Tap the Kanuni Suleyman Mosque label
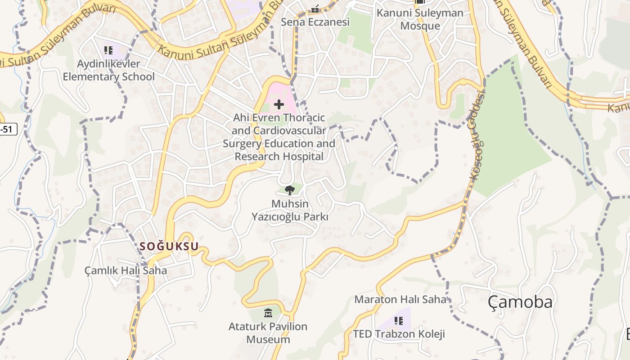click(x=420, y=19)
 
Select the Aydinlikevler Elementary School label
click(x=108, y=70)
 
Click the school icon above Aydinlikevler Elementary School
click(x=108, y=50)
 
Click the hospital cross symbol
click(x=279, y=105)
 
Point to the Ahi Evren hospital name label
click(x=279, y=137)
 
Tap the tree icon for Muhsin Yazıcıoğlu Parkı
click(x=289, y=190)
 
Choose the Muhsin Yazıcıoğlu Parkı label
click(x=289, y=211)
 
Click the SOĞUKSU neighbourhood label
click(x=169, y=246)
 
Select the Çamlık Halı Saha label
click(x=126, y=270)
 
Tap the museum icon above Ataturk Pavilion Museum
click(x=268, y=313)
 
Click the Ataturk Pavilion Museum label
click(x=268, y=333)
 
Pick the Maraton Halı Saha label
click(x=400, y=299)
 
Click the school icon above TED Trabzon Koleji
click(x=398, y=321)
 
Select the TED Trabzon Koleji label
click(x=399, y=334)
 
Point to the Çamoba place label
click(x=520, y=302)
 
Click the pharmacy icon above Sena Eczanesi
click(x=315, y=9)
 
